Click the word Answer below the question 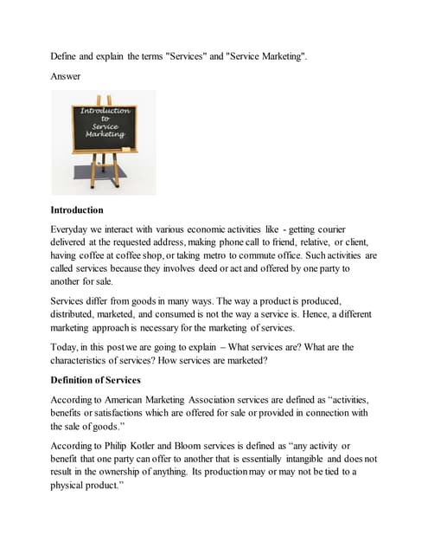[65, 76]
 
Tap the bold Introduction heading [77, 210]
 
